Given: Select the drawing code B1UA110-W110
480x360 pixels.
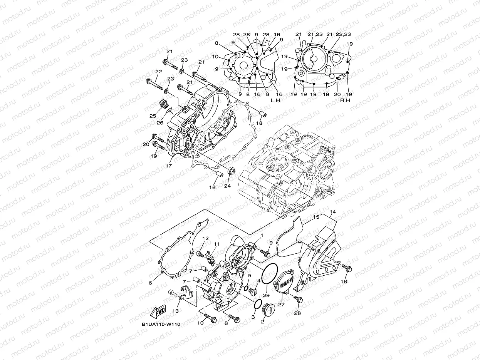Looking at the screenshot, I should coord(161,324).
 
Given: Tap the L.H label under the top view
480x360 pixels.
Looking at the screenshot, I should coord(275,100).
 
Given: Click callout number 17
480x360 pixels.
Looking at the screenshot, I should coord(168,166).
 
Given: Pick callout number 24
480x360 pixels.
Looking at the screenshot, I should coord(227,186).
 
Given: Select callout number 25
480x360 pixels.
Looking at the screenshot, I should coord(153,116).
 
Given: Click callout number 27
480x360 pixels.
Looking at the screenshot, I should coord(281,304).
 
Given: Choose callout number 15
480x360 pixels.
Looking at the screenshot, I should coord(316,217).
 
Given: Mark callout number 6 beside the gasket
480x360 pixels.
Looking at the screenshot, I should coord(150,283).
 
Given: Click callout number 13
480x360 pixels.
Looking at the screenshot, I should coord(176,311).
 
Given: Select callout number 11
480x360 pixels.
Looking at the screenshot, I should coord(217,244).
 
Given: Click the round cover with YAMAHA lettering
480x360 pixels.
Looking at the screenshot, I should coord(284,284).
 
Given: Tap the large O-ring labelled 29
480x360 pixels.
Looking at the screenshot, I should coord(269,275).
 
